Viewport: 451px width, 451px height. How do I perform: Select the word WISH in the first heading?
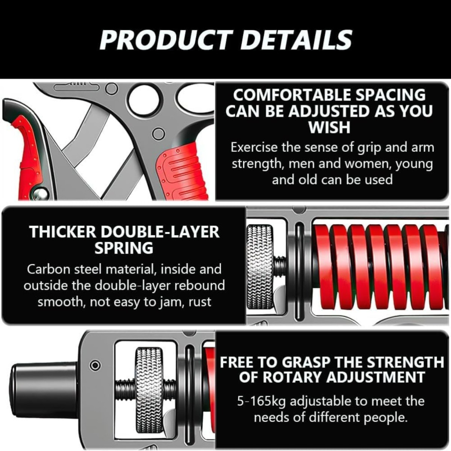pyautogui.click(x=329, y=127)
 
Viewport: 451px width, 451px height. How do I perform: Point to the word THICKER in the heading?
pyautogui.click(x=63, y=232)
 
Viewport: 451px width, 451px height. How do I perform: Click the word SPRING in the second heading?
pyautogui.click(x=124, y=248)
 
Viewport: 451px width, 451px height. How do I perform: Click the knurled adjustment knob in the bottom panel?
pyautogui.click(x=149, y=390)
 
